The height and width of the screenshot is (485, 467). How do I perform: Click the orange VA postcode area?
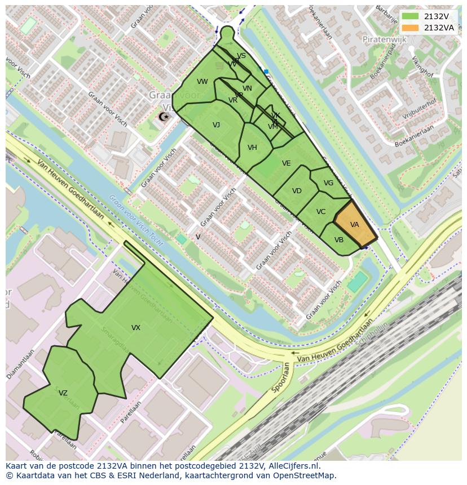tap(355, 225)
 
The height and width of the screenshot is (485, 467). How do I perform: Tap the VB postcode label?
tap(339, 240)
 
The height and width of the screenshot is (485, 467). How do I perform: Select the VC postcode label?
tap(321, 212)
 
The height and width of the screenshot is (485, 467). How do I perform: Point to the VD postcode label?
tap(297, 191)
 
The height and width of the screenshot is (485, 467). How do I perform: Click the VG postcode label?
tap(328, 183)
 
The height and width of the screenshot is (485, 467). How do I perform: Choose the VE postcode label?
tap(286, 163)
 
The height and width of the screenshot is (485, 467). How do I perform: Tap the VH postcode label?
tap(252, 148)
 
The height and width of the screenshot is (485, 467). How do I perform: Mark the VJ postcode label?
tap(216, 125)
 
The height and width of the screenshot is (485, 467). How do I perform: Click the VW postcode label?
tap(202, 82)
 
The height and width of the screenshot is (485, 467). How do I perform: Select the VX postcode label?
tap(135, 328)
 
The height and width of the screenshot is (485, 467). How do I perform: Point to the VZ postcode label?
tap(63, 394)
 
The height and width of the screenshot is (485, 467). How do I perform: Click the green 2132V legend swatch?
tap(411, 17)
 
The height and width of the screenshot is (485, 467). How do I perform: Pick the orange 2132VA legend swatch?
tap(411, 28)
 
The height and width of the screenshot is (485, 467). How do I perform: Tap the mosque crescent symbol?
tap(164, 117)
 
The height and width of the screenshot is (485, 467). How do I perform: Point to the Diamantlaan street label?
tap(21, 363)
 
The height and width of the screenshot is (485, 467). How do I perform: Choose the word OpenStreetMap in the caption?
tap(303, 475)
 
